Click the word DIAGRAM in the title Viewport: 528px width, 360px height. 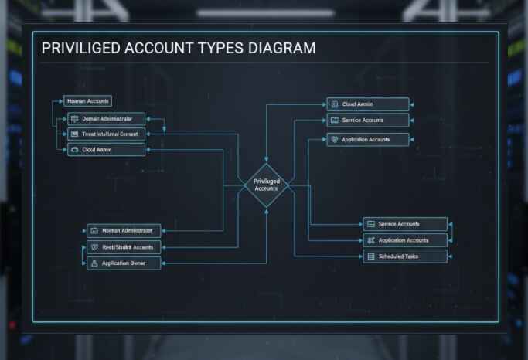tap(279, 48)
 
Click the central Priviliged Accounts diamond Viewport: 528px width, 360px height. tap(266, 185)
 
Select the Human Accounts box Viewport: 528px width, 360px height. tap(87, 101)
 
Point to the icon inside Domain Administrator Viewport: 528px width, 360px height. tap(75, 119)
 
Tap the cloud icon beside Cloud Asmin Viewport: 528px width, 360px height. tap(75, 150)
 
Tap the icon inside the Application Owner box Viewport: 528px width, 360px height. tap(94, 263)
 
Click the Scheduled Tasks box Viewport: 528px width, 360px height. tap(405, 256)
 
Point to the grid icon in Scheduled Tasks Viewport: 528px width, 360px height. tap(371, 256)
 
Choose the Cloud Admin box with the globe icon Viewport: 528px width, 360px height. tap(366, 104)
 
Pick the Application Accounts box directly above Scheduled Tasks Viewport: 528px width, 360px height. tap(405, 240)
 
